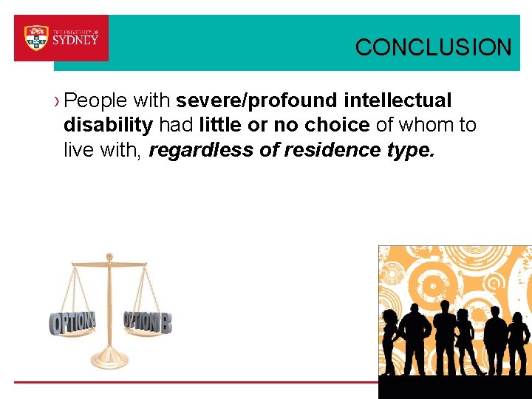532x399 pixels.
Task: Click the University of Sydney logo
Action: click(x=61, y=38)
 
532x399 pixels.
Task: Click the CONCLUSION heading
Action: click(x=433, y=48)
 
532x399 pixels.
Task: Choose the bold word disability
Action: click(x=108, y=126)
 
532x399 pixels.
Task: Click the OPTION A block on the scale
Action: click(x=72, y=322)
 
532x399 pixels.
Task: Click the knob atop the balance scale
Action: click(x=109, y=257)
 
